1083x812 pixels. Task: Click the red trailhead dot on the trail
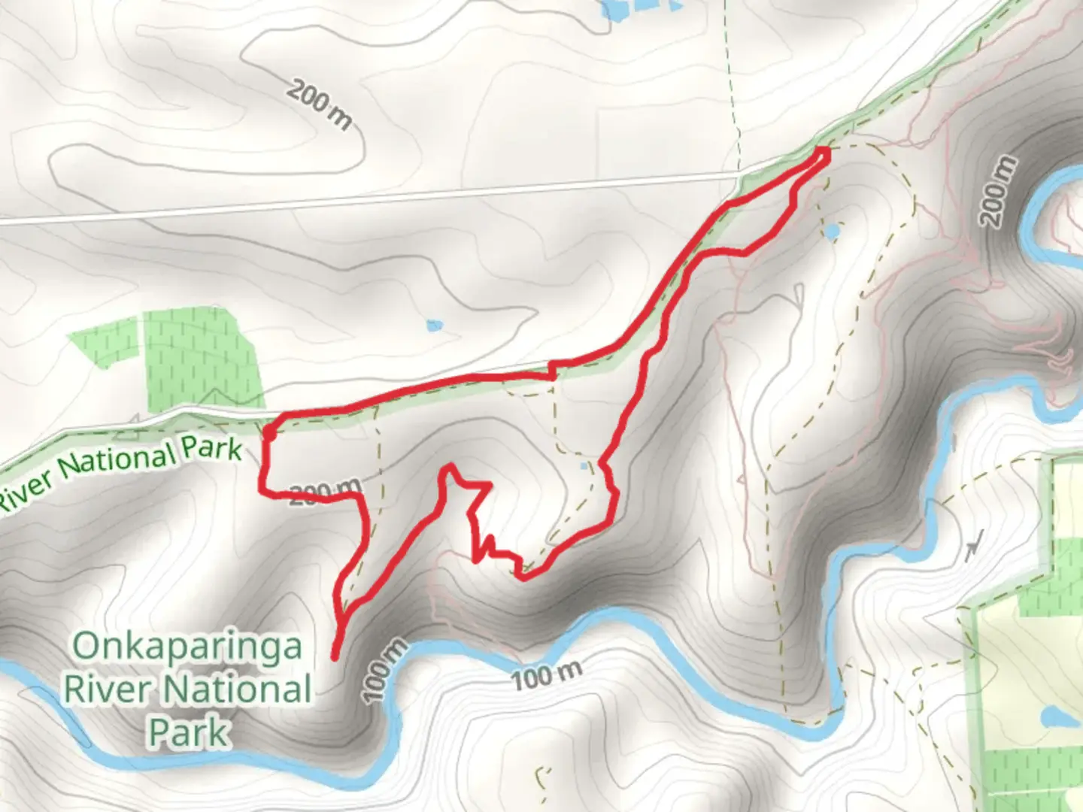click(268, 432)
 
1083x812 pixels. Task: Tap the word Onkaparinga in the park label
click(187, 647)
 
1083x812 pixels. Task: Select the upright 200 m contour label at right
click(1000, 192)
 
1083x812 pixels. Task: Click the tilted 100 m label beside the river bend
click(386, 671)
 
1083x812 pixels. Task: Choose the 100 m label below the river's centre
click(547, 676)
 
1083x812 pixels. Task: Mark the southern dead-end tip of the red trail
click(334, 656)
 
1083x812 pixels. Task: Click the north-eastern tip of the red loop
click(825, 153)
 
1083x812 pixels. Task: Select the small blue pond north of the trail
click(434, 326)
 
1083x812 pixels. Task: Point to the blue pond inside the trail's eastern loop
click(831, 231)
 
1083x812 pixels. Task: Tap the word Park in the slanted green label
click(211, 450)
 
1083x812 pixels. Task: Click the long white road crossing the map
click(376, 197)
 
